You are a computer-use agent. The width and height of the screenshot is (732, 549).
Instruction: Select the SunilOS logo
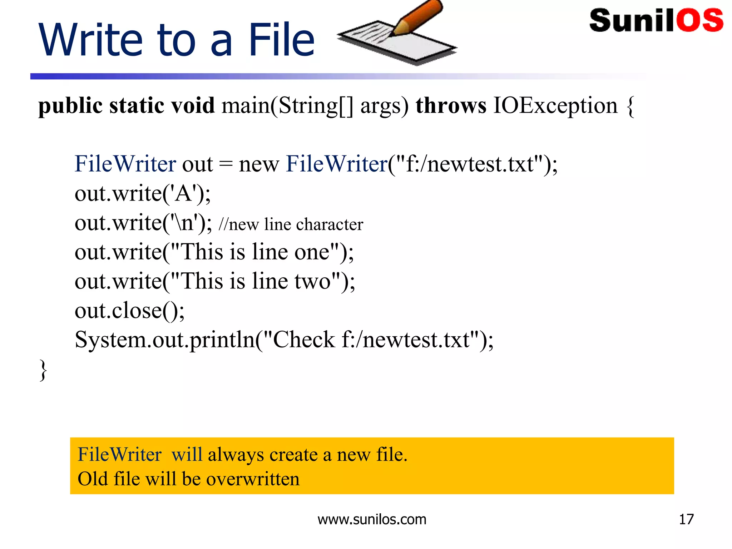[x=656, y=20]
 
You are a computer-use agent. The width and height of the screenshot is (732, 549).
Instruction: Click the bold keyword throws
[x=451, y=106]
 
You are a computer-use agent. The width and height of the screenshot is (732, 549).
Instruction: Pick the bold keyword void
[x=193, y=106]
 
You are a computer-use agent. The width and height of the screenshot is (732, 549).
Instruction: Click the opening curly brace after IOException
[x=631, y=107]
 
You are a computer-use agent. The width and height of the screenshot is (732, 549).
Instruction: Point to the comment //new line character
[x=291, y=224]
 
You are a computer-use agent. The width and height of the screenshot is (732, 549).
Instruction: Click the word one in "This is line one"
[x=312, y=252]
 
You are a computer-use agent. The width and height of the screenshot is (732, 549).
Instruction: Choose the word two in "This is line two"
[x=312, y=281]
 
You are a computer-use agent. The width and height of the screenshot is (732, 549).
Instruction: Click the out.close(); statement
[x=129, y=311]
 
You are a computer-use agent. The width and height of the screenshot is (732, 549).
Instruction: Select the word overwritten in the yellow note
[x=253, y=479]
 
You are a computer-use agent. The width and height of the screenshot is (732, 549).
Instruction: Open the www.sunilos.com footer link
[x=372, y=519]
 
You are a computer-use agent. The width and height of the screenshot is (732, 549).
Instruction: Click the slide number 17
[x=686, y=519]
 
